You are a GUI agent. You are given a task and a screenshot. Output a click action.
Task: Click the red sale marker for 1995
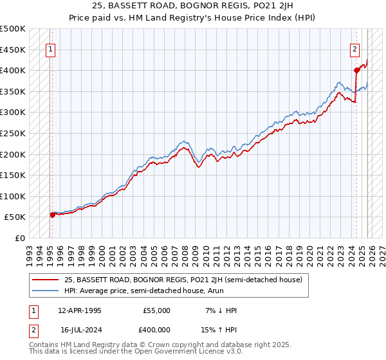52,215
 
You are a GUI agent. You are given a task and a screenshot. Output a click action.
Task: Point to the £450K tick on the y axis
13,50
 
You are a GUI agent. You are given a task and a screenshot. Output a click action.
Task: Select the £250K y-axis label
13,133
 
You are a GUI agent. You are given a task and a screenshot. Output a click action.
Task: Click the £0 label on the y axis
19,238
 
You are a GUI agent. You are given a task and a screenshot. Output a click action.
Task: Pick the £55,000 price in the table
158,310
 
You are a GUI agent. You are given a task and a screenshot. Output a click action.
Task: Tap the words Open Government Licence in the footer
173,352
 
